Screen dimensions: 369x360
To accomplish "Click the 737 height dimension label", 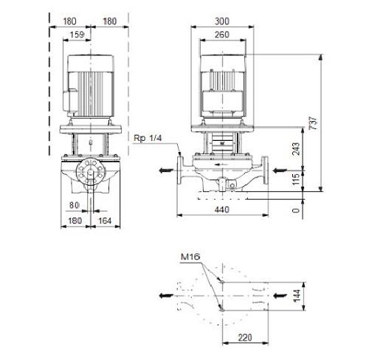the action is point(314,123).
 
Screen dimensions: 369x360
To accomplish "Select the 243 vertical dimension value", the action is point(297,149).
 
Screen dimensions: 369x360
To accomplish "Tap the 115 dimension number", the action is point(297,179).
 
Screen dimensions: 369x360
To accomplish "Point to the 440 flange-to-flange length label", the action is point(222,210).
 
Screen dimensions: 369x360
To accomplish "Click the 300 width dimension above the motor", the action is point(222,21).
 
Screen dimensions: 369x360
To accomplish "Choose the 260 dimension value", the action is point(222,35).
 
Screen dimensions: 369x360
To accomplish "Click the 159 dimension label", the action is point(77,35).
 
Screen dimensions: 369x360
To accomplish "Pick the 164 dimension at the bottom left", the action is point(105,221).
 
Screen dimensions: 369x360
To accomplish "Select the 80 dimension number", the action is point(74,205).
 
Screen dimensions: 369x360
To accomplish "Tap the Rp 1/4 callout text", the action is point(148,138).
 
